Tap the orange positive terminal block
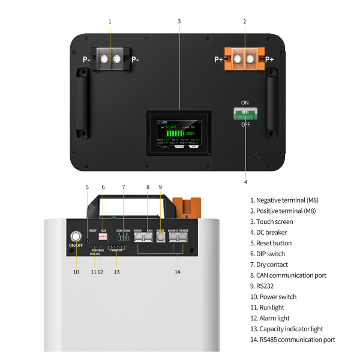(x=244, y=59)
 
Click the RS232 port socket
(x=160, y=237)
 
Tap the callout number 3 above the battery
(x=179, y=22)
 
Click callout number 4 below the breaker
(x=245, y=182)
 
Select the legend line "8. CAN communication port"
(x=288, y=275)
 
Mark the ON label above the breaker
(x=245, y=103)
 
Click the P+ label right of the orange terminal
(x=269, y=59)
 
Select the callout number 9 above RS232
(x=160, y=187)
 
